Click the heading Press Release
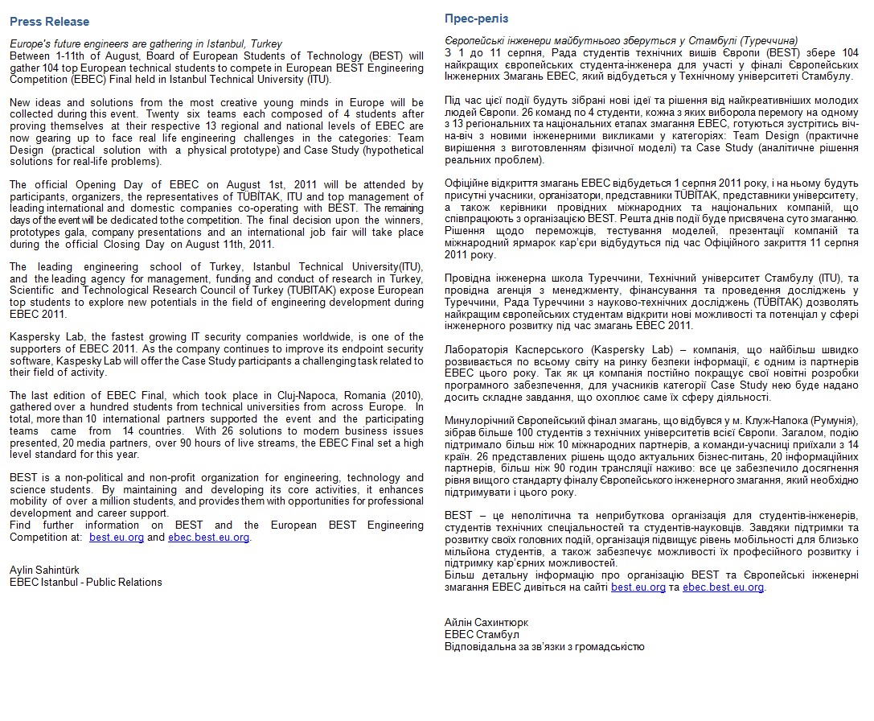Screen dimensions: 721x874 (x=49, y=22)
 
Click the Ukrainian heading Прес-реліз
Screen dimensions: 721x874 (x=476, y=19)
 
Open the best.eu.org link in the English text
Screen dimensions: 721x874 (x=117, y=538)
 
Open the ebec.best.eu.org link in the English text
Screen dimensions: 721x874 (x=209, y=538)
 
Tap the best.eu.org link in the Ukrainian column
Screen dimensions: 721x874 (x=638, y=587)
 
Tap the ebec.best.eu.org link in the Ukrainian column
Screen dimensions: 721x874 (x=723, y=587)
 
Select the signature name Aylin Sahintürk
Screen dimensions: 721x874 (x=44, y=571)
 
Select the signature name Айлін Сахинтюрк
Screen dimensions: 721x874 (x=486, y=622)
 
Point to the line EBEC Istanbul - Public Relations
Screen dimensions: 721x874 (x=85, y=582)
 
